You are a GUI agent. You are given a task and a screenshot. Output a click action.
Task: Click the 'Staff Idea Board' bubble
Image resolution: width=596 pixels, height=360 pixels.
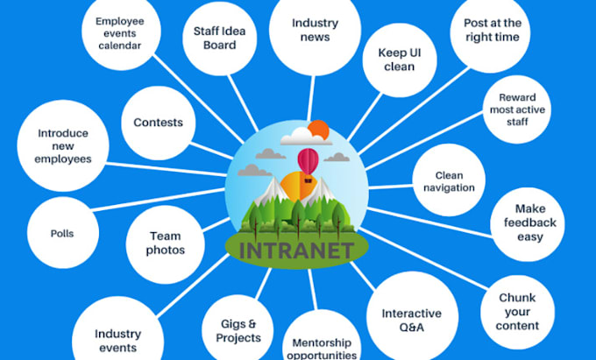[x=215, y=38]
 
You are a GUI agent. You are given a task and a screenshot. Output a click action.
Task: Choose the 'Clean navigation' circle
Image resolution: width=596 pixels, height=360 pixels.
[x=449, y=180]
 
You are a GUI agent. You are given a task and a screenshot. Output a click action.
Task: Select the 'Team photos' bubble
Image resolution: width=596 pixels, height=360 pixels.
[x=167, y=243]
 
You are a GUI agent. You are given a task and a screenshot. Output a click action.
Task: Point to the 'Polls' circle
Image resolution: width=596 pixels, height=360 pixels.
[x=62, y=234]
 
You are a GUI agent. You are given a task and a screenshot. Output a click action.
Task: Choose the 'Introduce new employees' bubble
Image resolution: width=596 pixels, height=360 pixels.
[x=62, y=145]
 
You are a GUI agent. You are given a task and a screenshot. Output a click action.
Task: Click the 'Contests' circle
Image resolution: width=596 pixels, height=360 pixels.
[x=158, y=122]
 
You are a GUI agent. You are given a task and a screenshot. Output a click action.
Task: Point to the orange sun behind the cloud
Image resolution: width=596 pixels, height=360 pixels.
[x=318, y=131]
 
